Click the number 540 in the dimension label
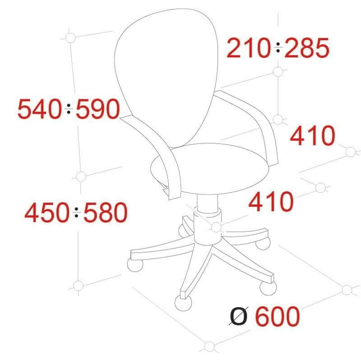click(x=39, y=109)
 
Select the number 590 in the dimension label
click(x=98, y=109)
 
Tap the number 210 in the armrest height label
click(x=249, y=48)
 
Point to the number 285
click(x=307, y=48)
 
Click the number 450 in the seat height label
click(x=47, y=213)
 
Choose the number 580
click(x=106, y=213)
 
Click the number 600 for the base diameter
click(x=278, y=317)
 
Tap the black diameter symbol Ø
click(x=239, y=316)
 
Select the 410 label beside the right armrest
click(x=312, y=136)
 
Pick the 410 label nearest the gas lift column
click(x=271, y=202)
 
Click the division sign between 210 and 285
click(x=278, y=47)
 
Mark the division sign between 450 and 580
click(x=76, y=212)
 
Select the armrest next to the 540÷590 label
click(x=154, y=157)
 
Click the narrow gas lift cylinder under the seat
click(x=208, y=204)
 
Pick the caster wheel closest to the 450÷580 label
click(x=135, y=265)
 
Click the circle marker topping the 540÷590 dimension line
click(x=70, y=38)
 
